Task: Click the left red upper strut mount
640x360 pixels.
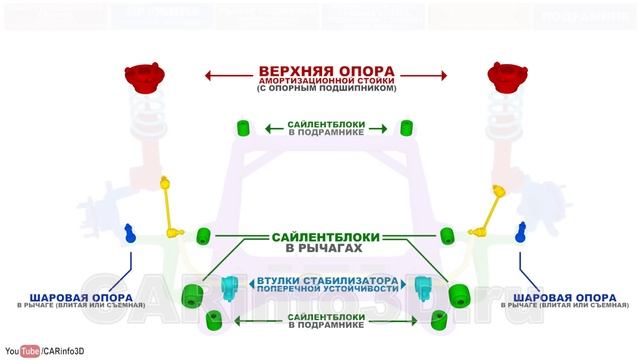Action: point(145,77)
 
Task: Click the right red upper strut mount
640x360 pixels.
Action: point(505,77)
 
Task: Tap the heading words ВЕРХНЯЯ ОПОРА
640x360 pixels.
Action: point(325,72)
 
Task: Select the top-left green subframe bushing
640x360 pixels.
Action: point(243,127)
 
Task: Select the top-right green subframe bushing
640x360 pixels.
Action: point(406,127)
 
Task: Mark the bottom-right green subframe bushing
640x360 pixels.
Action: point(438,319)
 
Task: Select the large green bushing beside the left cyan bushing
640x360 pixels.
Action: point(191,296)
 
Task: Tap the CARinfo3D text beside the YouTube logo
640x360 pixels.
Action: point(69,351)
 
